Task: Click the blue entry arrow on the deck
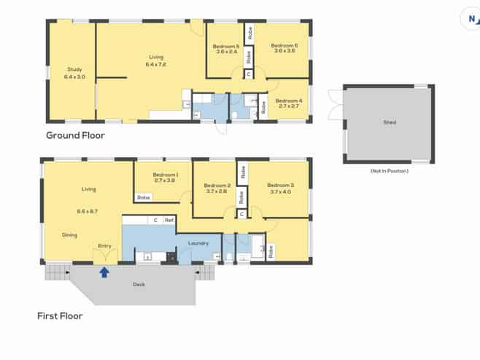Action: [x=104, y=272]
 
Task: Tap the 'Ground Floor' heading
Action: [x=75, y=135]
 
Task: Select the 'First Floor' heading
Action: [x=60, y=316]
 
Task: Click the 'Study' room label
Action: [x=74, y=69]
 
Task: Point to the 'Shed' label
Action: [x=390, y=122]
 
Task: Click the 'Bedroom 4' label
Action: [x=289, y=101]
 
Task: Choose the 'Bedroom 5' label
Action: [x=226, y=46]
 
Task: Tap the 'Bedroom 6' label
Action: [x=284, y=46]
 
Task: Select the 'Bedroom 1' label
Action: [x=166, y=175]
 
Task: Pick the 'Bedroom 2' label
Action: [x=217, y=185]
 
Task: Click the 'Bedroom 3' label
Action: [x=281, y=185]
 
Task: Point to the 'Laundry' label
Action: [x=198, y=243]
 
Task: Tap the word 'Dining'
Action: [x=69, y=235]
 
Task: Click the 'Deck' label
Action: [x=139, y=284]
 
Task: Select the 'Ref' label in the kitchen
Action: [x=169, y=220]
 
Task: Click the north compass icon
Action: [x=472, y=19]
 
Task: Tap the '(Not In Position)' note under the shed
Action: [x=390, y=171]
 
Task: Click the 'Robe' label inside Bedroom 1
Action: [x=143, y=197]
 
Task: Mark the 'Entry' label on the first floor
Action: [x=105, y=245]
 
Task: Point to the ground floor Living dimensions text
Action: [x=156, y=64]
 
